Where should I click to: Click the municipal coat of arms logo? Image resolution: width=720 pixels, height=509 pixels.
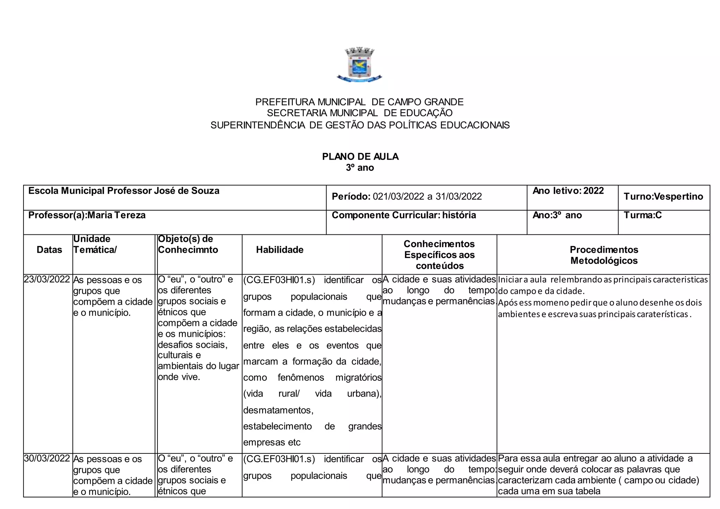359,65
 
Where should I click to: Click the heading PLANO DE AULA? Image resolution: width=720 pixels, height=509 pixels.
360,156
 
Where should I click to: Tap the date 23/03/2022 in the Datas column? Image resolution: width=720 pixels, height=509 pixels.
47,279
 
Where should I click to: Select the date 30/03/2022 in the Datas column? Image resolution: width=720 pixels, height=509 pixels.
47,458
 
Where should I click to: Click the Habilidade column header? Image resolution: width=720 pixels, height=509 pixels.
279,250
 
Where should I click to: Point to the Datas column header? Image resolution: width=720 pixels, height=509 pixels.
49,250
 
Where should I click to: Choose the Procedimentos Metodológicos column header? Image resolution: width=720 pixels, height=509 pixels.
604,255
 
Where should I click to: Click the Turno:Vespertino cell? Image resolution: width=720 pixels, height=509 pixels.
663,196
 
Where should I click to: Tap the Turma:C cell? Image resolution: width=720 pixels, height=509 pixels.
642,215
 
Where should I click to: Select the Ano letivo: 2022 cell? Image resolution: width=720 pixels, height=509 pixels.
568,191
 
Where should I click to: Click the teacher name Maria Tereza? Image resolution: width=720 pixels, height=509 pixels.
116,215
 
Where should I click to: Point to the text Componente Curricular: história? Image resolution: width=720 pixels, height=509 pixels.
404,215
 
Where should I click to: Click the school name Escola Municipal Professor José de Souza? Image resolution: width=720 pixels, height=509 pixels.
124,191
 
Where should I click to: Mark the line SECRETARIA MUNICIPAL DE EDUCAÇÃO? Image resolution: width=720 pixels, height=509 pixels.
360,113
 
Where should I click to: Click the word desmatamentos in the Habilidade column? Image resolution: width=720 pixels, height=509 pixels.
278,410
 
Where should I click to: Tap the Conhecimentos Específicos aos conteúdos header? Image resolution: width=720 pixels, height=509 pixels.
439,255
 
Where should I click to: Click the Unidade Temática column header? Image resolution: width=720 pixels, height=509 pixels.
95,244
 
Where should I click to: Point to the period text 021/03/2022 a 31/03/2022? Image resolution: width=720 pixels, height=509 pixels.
427,196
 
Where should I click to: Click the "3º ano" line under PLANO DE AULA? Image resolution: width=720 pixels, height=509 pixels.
360,168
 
